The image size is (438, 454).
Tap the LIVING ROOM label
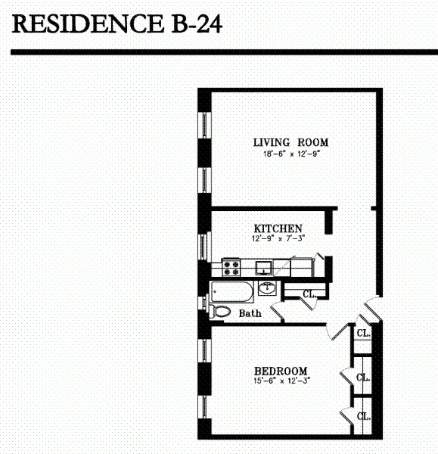(291, 142)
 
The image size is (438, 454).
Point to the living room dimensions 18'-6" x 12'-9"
(291, 154)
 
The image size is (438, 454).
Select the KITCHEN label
(278, 228)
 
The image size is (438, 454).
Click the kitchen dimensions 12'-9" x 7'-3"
(278, 239)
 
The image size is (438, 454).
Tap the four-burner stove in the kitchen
(231, 267)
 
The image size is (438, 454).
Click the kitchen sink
(264, 267)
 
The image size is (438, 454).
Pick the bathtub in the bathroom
(232, 291)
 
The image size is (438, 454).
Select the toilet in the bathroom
(222, 311)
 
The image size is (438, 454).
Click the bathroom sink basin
(267, 288)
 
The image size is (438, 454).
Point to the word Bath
(250, 313)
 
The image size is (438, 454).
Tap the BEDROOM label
(281, 370)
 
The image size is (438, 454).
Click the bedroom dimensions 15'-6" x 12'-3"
(281, 381)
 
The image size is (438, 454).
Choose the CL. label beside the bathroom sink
(309, 294)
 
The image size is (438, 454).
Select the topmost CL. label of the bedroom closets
(363, 333)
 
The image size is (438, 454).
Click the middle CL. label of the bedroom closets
(363, 377)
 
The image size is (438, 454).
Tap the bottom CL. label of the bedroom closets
(363, 416)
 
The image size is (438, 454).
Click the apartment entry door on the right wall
(371, 308)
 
